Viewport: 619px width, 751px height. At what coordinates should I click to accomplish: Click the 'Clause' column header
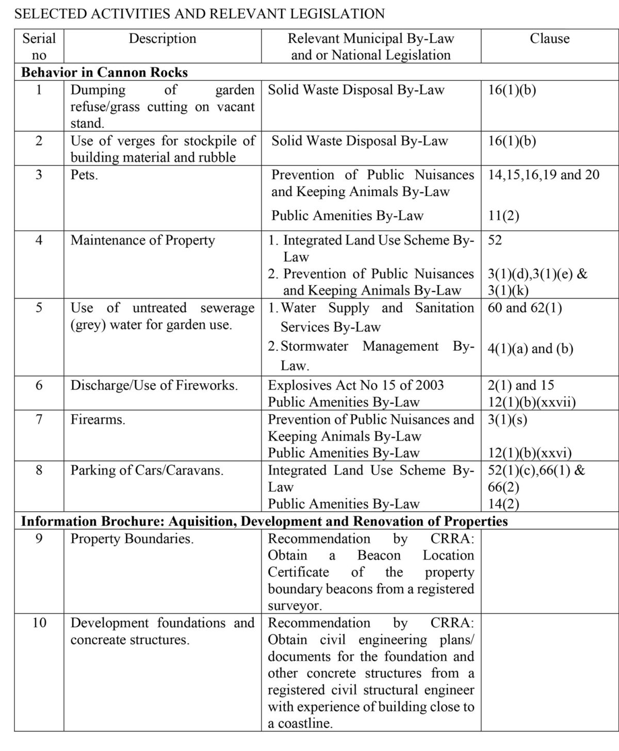coord(549,39)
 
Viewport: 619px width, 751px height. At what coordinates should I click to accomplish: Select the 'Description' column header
coord(162,39)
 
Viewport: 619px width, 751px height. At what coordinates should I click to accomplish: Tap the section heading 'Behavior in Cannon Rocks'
coord(104,72)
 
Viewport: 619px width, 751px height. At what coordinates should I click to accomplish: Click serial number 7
coord(39,419)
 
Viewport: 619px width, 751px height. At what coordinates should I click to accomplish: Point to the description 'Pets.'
coord(84,175)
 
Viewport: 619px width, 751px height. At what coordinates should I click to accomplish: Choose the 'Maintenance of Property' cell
coord(143,240)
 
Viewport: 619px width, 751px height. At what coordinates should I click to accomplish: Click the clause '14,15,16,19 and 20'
coord(544,175)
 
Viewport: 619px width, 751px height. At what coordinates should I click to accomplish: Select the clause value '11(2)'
coord(503,216)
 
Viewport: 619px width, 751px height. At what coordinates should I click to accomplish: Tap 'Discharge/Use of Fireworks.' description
coord(154,385)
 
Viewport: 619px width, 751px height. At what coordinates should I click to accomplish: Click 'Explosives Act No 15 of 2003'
coord(356,385)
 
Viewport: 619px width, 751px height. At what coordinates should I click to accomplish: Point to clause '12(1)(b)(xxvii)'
coord(532,402)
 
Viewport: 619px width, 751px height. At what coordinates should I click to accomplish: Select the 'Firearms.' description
coord(98,419)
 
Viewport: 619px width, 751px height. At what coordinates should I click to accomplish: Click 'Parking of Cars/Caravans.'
coord(147,470)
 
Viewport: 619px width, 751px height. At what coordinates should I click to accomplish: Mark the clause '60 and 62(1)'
coord(525,308)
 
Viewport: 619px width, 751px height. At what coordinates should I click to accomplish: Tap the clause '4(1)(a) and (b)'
coord(530,349)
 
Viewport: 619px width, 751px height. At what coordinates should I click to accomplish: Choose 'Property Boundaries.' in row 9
coord(132,539)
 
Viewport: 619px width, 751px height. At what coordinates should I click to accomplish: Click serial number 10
coord(39,623)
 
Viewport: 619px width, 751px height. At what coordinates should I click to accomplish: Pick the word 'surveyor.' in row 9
coord(295,606)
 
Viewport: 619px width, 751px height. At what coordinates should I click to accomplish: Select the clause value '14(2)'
coord(503,504)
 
